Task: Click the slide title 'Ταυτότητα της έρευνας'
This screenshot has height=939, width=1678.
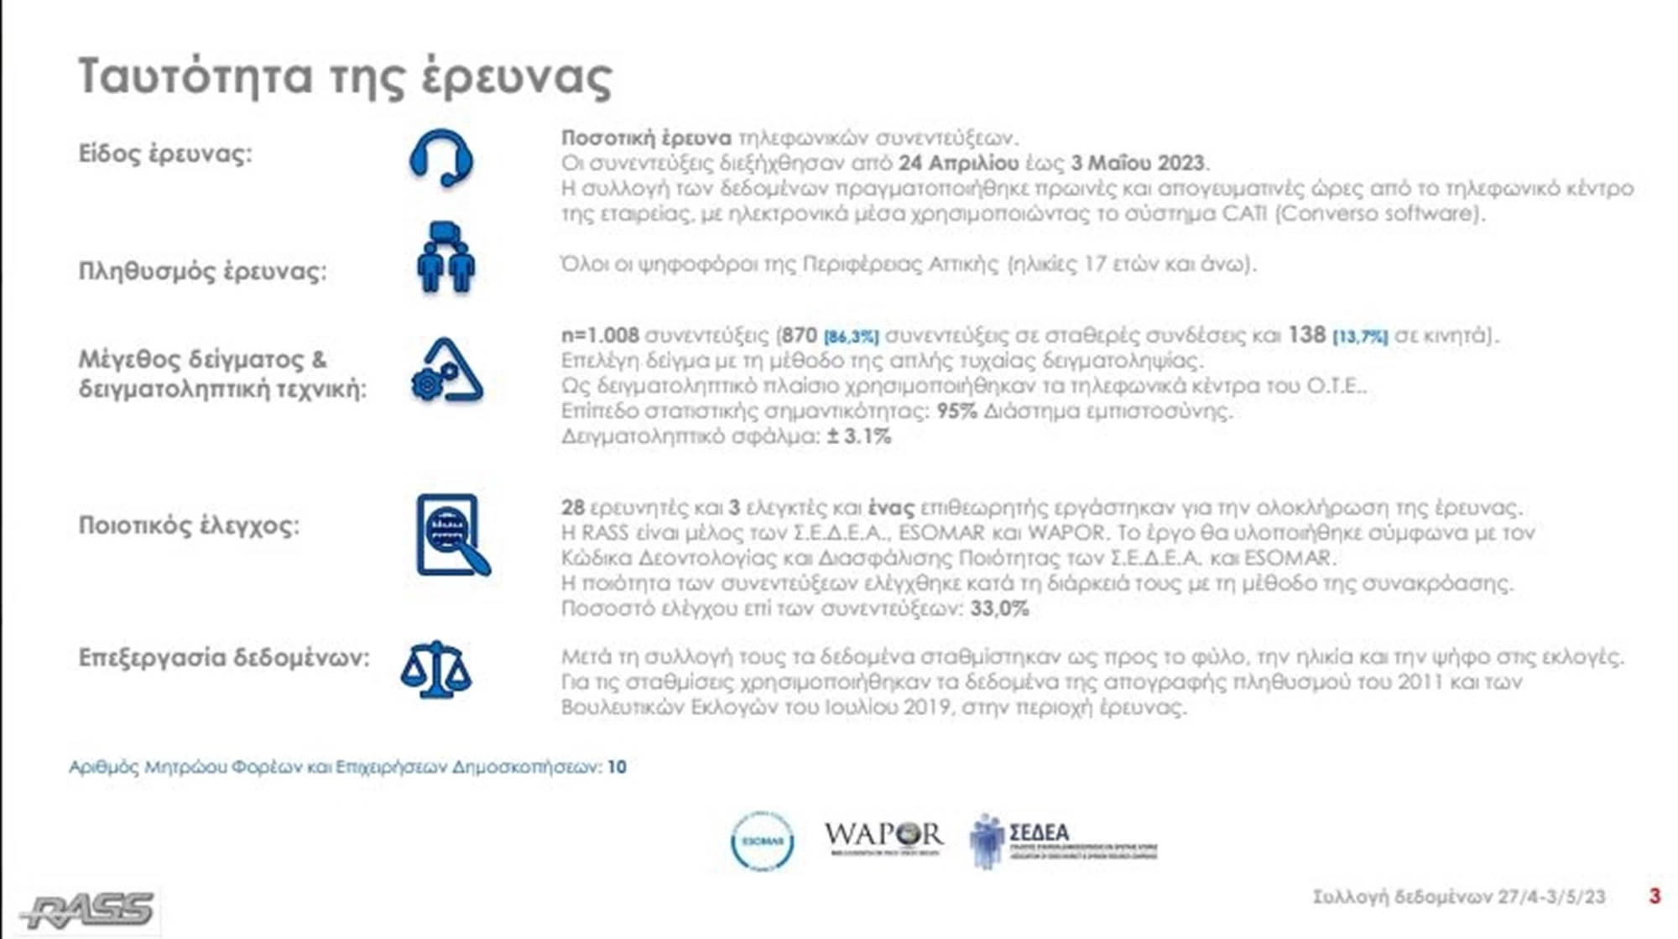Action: coord(345,77)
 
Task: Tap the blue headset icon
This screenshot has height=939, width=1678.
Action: coord(441,158)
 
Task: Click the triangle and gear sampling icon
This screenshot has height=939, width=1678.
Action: coord(447,371)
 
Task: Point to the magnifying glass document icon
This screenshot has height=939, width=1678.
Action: coord(452,535)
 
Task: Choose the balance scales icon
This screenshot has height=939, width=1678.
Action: coord(436,670)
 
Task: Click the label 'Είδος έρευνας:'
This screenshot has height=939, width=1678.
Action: coord(165,154)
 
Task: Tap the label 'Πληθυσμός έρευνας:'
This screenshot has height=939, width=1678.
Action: coord(202,272)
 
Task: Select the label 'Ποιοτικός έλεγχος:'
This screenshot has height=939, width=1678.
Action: coord(189,525)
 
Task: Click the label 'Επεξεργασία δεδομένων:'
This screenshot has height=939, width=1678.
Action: coord(224,657)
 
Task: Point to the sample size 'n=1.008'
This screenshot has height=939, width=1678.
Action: coord(600,336)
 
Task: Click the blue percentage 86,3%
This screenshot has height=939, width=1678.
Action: coord(851,337)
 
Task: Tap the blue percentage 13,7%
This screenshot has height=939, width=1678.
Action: coord(1360,337)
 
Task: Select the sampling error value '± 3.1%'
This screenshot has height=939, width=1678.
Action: coord(859,436)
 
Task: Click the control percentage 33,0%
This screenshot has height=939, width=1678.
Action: coord(999,608)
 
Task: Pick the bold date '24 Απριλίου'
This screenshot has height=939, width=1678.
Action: coord(958,163)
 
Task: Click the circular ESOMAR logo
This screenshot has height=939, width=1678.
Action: coord(762,841)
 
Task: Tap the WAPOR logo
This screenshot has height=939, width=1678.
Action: coord(883,837)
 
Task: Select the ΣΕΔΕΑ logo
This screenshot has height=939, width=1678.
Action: coord(1062,840)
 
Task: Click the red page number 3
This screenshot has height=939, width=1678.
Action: coord(1655,896)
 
